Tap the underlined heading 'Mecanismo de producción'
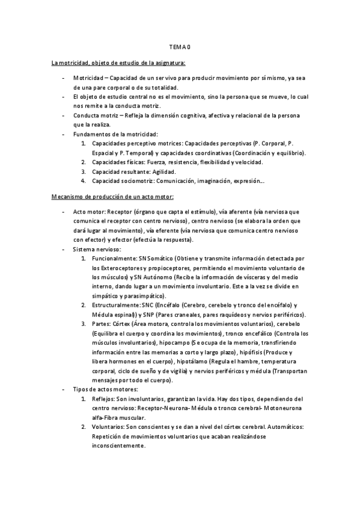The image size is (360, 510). pyautogui.click(x=113, y=196)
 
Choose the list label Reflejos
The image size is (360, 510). pyautogui.click(x=103, y=399)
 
